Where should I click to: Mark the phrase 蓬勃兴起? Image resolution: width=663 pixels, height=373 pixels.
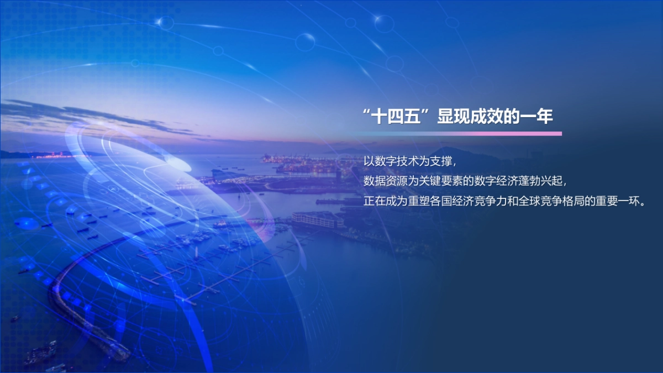click(x=539, y=181)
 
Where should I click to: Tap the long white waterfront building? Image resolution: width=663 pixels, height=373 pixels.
click(x=317, y=219)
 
